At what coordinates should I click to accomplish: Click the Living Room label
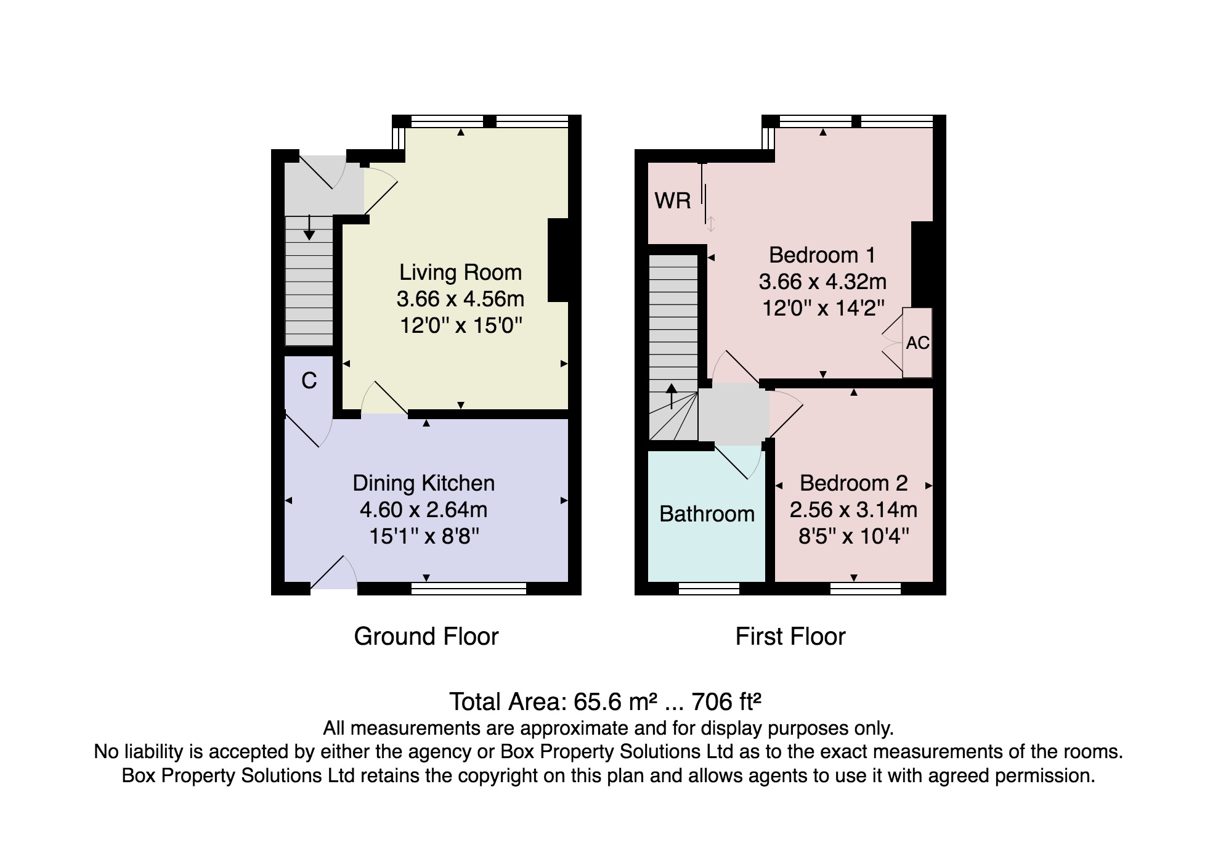tap(460, 272)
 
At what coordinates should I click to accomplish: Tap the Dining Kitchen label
tap(423, 483)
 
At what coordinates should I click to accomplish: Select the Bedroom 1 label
tap(822, 255)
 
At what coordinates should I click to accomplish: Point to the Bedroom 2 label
tap(853, 483)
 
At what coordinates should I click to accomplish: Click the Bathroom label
tap(707, 514)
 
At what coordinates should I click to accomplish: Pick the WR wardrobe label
tap(673, 201)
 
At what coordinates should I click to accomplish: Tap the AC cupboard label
tap(917, 343)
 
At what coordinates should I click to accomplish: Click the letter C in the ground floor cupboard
tap(309, 381)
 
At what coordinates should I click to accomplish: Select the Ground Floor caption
tap(426, 637)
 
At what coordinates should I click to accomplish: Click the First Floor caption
tap(790, 637)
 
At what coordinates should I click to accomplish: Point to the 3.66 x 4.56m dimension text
tap(460, 300)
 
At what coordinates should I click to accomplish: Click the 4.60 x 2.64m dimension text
tap(423, 510)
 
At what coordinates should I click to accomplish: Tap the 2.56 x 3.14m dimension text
tap(853, 510)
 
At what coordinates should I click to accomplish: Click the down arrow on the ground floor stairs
tap(309, 227)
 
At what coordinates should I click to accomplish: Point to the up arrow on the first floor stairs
tap(672, 396)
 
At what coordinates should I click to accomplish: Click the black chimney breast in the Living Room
tap(558, 260)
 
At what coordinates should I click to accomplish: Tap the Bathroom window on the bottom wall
tap(709, 589)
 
